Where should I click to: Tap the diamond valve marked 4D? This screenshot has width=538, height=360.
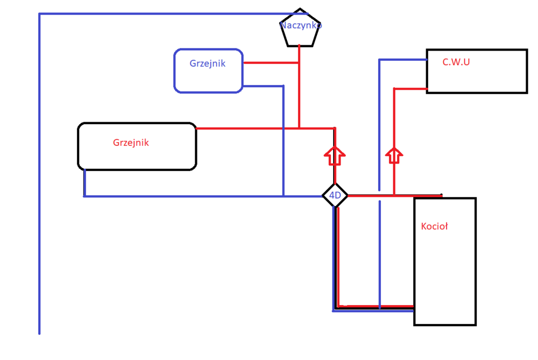[x=335, y=196]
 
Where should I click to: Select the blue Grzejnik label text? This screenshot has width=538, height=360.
[x=207, y=63]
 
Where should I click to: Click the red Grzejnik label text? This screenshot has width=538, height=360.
[x=131, y=143]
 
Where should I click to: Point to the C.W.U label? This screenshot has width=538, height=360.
[x=456, y=62]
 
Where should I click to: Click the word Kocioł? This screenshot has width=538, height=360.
[x=434, y=227]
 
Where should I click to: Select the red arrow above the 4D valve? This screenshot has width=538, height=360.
[x=335, y=156]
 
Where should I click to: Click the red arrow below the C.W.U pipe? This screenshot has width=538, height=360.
[x=394, y=155]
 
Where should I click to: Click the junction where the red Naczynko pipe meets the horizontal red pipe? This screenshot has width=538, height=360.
[x=299, y=128]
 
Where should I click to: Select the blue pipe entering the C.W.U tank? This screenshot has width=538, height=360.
[x=403, y=59]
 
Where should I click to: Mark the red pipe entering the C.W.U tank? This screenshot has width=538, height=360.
[x=410, y=88]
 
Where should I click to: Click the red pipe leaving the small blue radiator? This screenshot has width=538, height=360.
[x=269, y=63]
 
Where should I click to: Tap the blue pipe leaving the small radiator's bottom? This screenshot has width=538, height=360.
[x=264, y=86]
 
